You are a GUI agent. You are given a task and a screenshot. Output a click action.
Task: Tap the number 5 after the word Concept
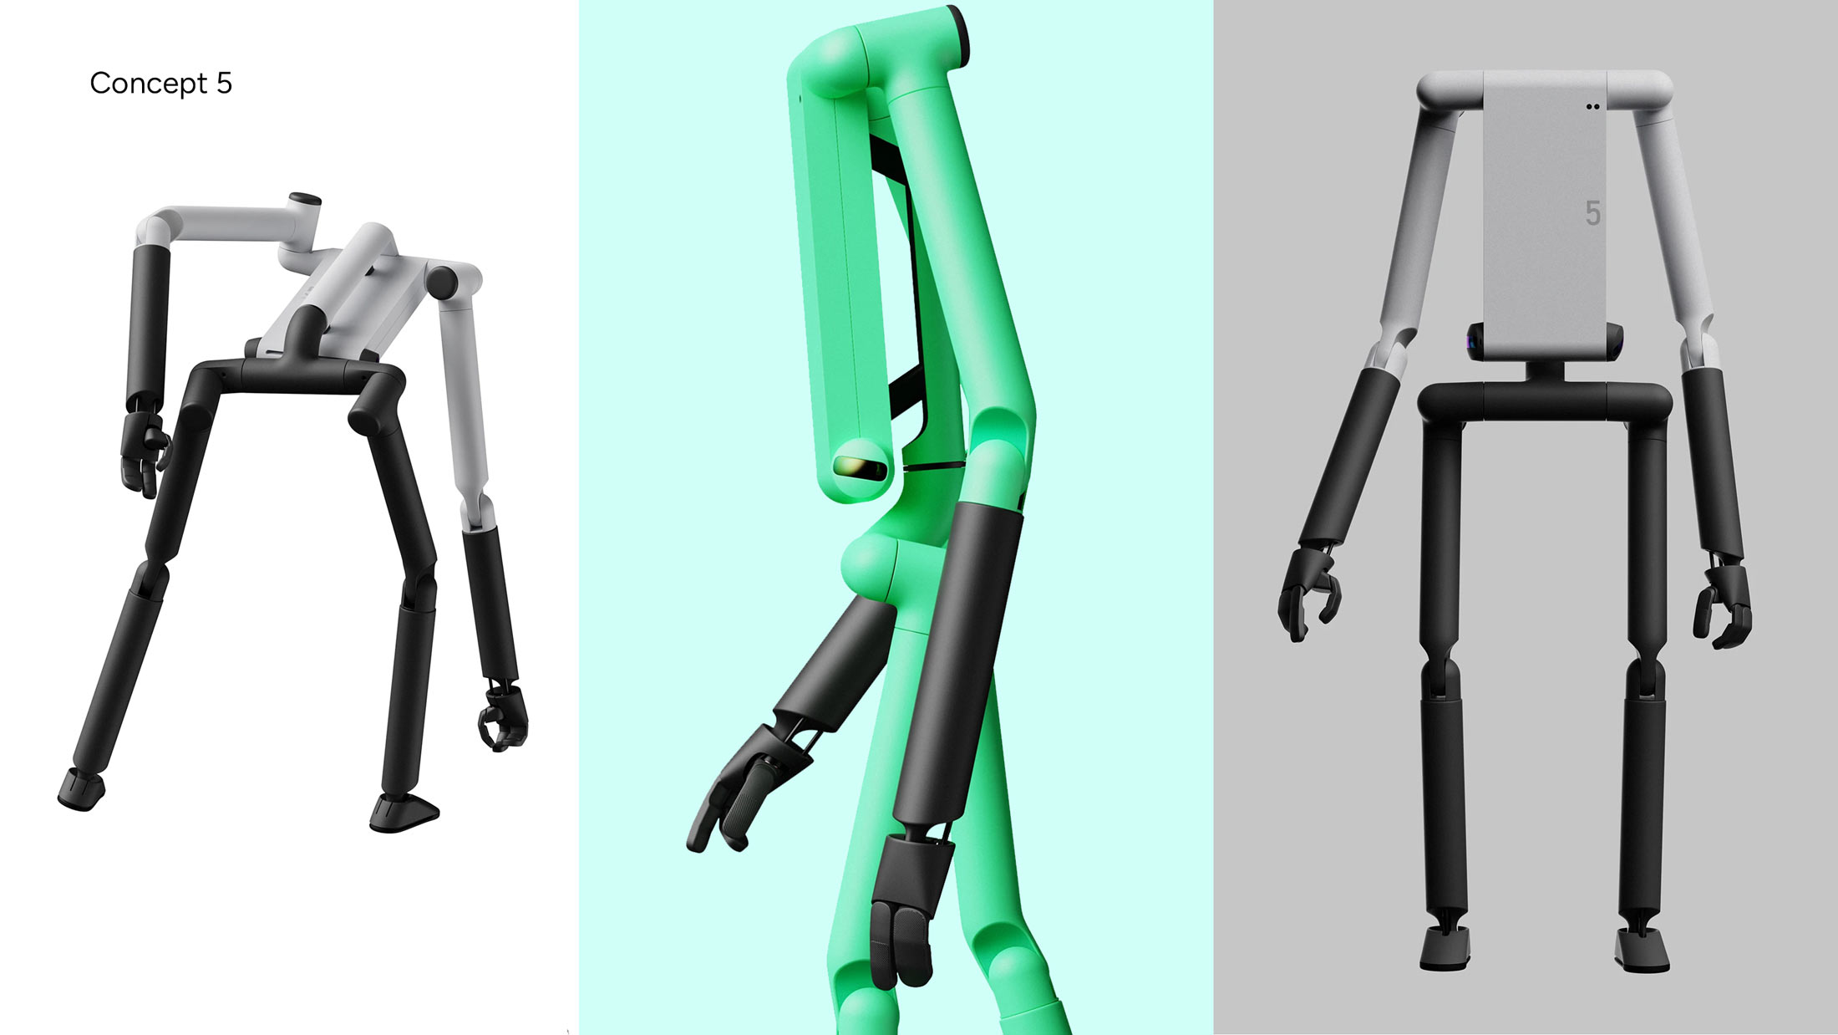click(x=224, y=84)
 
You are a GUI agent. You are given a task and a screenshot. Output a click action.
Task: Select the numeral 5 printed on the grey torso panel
click(x=1592, y=213)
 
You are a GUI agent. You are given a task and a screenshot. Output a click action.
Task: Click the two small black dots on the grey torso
click(x=1592, y=107)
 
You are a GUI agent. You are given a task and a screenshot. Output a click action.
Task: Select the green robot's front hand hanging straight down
click(x=906, y=911)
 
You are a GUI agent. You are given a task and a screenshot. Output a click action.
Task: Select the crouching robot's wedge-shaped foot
click(x=404, y=812)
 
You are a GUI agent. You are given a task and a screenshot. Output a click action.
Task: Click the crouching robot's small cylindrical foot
click(x=81, y=788)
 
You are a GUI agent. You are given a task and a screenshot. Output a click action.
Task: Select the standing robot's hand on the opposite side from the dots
click(x=1307, y=594)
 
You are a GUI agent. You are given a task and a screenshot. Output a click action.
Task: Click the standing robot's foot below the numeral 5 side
click(x=1642, y=949)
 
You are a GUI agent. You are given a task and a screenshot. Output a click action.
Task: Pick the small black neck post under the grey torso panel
click(x=1545, y=370)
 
